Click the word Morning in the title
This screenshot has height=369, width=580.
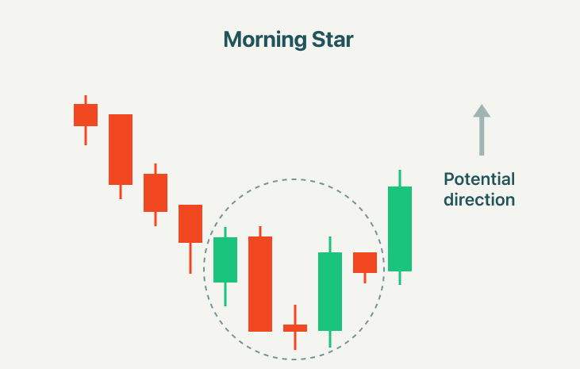pyautogui.click(x=265, y=40)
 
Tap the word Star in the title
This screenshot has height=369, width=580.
pyautogui.click(x=332, y=39)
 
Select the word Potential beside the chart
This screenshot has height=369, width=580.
pyautogui.click(x=479, y=179)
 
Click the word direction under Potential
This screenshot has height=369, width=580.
pyautogui.click(x=479, y=199)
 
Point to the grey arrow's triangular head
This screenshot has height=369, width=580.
pyautogui.click(x=482, y=110)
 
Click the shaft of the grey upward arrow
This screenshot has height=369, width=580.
pyautogui.click(x=482, y=136)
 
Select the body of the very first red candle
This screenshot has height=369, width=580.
pyautogui.click(x=86, y=115)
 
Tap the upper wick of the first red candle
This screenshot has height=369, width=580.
pyautogui.click(x=86, y=99)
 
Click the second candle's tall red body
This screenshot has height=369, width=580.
pyautogui.click(x=121, y=149)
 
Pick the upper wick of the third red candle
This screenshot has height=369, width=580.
pyautogui.click(x=156, y=169)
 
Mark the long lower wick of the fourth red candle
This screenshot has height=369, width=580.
pyautogui.click(x=190, y=259)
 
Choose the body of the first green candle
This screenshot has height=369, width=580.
pyautogui.click(x=225, y=259)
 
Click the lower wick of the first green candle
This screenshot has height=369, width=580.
pyautogui.click(x=225, y=294)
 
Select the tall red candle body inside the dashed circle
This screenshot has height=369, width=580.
pyautogui.click(x=260, y=284)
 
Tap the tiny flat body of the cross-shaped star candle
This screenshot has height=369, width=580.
pyautogui.click(x=295, y=328)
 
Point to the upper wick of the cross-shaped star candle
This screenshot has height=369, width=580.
pyautogui.click(x=295, y=314)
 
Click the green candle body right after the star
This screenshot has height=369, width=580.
pyautogui.click(x=330, y=292)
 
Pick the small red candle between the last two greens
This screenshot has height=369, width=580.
pyautogui.click(x=365, y=263)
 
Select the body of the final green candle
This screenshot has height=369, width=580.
pyautogui.click(x=400, y=229)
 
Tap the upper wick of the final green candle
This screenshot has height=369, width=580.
pyautogui.click(x=400, y=179)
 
